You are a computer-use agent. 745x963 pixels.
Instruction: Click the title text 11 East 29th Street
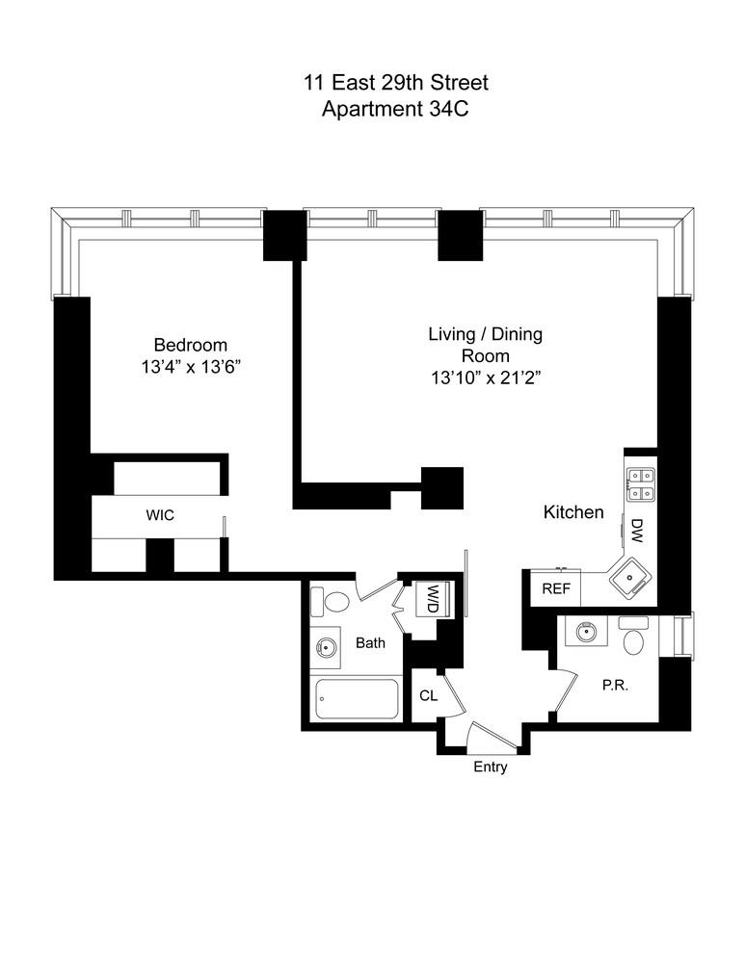[x=372, y=84]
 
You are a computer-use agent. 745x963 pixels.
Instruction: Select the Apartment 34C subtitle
[x=372, y=109]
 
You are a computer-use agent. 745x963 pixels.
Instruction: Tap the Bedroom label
[x=191, y=345]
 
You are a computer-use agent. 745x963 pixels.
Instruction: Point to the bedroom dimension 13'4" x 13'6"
[x=191, y=367]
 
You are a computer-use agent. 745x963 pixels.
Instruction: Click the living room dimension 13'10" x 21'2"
[x=486, y=379]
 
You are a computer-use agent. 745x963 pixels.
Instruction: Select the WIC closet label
[x=160, y=516]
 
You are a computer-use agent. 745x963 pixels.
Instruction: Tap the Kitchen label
[x=573, y=512]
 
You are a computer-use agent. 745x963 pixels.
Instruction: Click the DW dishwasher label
[x=637, y=529]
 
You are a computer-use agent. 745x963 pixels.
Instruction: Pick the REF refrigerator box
[x=555, y=588]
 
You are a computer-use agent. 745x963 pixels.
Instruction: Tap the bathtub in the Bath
[x=357, y=699]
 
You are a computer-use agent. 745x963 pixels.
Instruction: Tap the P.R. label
[x=616, y=687]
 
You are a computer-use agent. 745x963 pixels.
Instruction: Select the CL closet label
[x=428, y=695]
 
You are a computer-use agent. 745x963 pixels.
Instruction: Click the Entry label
[x=490, y=768]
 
